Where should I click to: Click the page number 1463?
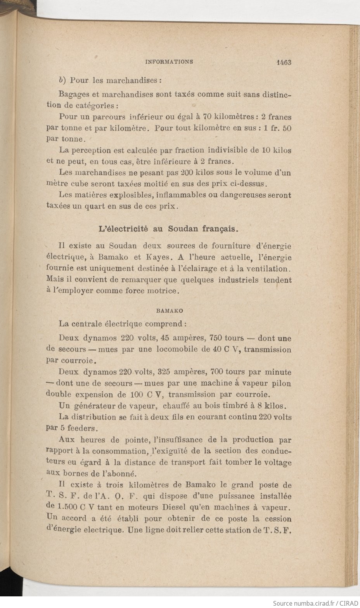pyautogui.click(x=284, y=62)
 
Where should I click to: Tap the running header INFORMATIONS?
pyautogui.click(x=169, y=62)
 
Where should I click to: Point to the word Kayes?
pyautogui.click(x=157, y=257)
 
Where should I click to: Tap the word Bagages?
pyautogui.click(x=74, y=94)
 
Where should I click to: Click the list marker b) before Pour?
pyautogui.click(x=62, y=80)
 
